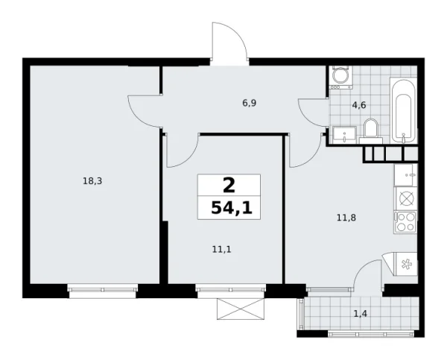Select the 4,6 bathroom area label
pos(358,105)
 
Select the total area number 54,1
pos(230,208)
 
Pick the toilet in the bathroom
pos(371,129)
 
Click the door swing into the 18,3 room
pos(145,112)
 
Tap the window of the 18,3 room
pos(102,291)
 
